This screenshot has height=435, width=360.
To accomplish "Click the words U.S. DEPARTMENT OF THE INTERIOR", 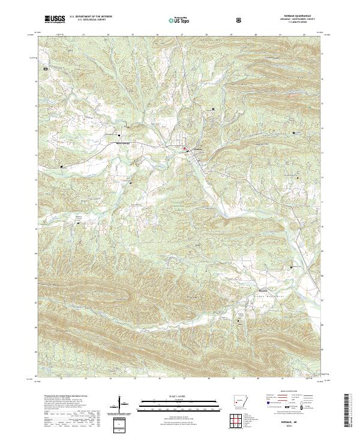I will point(89,17).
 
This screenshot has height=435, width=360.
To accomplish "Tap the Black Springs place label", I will point(123,143).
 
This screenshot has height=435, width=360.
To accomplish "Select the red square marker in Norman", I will point(185,149).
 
